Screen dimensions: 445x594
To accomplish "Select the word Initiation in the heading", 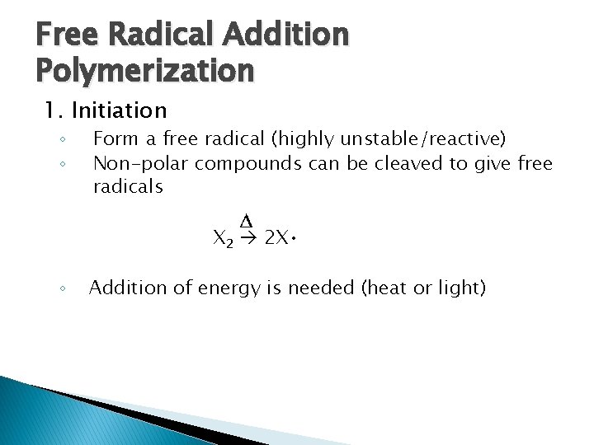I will tap(119, 110).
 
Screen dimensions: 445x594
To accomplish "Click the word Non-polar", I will tap(140, 163).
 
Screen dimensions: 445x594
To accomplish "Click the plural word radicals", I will tap(128, 187).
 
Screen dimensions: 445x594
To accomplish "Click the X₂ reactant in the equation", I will tap(223, 240).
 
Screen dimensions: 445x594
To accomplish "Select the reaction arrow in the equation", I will tap(249, 239).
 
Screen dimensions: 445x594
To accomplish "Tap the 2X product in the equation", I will tap(276, 239).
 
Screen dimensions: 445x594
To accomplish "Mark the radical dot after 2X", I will tap(295, 239).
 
